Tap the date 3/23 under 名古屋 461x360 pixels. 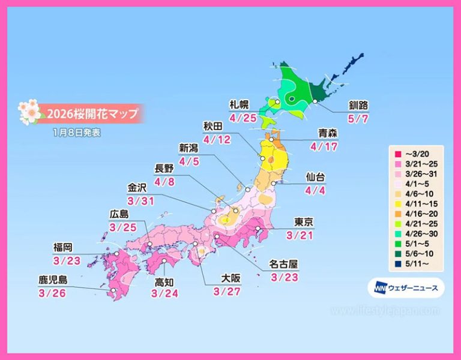(285, 277)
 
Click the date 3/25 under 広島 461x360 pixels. (122, 228)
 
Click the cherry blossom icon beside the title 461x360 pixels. (28, 112)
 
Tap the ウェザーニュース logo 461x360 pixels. (406, 288)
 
